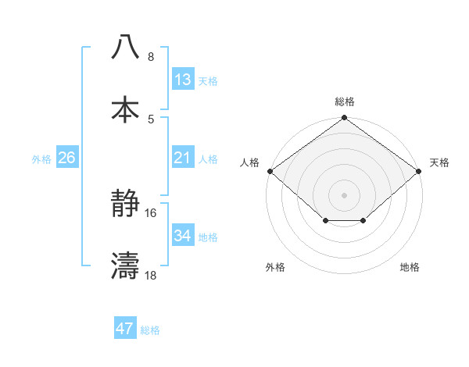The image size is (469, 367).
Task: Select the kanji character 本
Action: [x=126, y=109]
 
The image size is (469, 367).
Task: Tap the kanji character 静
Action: [x=126, y=205]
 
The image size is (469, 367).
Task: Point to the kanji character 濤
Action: [x=126, y=266]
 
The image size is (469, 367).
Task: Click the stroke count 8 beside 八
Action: [x=151, y=57]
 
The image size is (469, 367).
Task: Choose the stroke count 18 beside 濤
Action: [x=151, y=276]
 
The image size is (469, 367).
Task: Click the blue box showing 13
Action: [x=183, y=80]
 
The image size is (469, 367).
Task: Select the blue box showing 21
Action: [x=183, y=158]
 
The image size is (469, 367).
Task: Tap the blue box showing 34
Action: [x=183, y=236]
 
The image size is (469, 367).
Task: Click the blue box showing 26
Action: [x=66, y=158]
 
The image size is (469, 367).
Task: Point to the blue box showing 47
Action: [x=125, y=329]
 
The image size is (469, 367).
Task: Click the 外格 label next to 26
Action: [x=41, y=159]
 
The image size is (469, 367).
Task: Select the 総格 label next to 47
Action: [x=150, y=330]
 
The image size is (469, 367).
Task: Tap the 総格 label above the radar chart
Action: [x=345, y=102]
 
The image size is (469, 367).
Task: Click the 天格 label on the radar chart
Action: [x=440, y=162]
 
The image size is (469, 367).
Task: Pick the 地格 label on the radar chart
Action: [x=410, y=267]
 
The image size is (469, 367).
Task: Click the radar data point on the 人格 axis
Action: [x=270, y=171]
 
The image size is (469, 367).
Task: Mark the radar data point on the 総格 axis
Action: [x=345, y=118]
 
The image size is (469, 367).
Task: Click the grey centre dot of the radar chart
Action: [x=345, y=194]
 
